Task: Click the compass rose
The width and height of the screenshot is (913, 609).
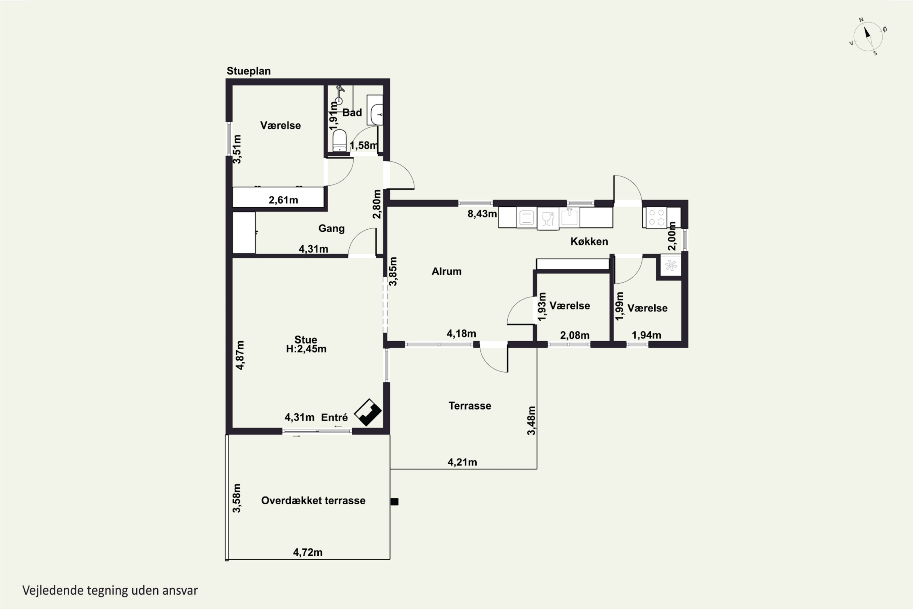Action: click(x=868, y=37)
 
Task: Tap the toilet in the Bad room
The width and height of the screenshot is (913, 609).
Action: click(x=340, y=141)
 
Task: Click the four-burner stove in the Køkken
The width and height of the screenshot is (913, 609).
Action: click(x=656, y=217)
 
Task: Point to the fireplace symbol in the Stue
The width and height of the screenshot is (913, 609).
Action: click(x=368, y=412)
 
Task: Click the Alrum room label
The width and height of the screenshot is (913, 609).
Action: click(x=446, y=271)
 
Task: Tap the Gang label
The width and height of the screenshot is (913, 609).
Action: click(x=331, y=228)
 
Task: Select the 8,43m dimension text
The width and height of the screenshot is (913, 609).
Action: click(x=482, y=214)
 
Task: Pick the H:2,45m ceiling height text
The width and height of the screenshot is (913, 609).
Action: click(x=306, y=349)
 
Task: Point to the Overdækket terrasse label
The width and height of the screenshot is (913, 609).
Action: click(x=313, y=500)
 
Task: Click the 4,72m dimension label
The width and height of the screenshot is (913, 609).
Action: click(x=308, y=552)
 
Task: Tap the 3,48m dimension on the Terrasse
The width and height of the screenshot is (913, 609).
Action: click(x=531, y=421)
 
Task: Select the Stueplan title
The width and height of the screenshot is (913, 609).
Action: click(x=248, y=71)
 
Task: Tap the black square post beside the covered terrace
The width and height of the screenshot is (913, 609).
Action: click(x=394, y=502)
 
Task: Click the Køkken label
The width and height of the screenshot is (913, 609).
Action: click(x=589, y=241)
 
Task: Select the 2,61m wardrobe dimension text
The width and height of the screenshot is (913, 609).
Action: click(x=283, y=200)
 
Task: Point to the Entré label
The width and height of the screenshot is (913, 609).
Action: click(x=334, y=417)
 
